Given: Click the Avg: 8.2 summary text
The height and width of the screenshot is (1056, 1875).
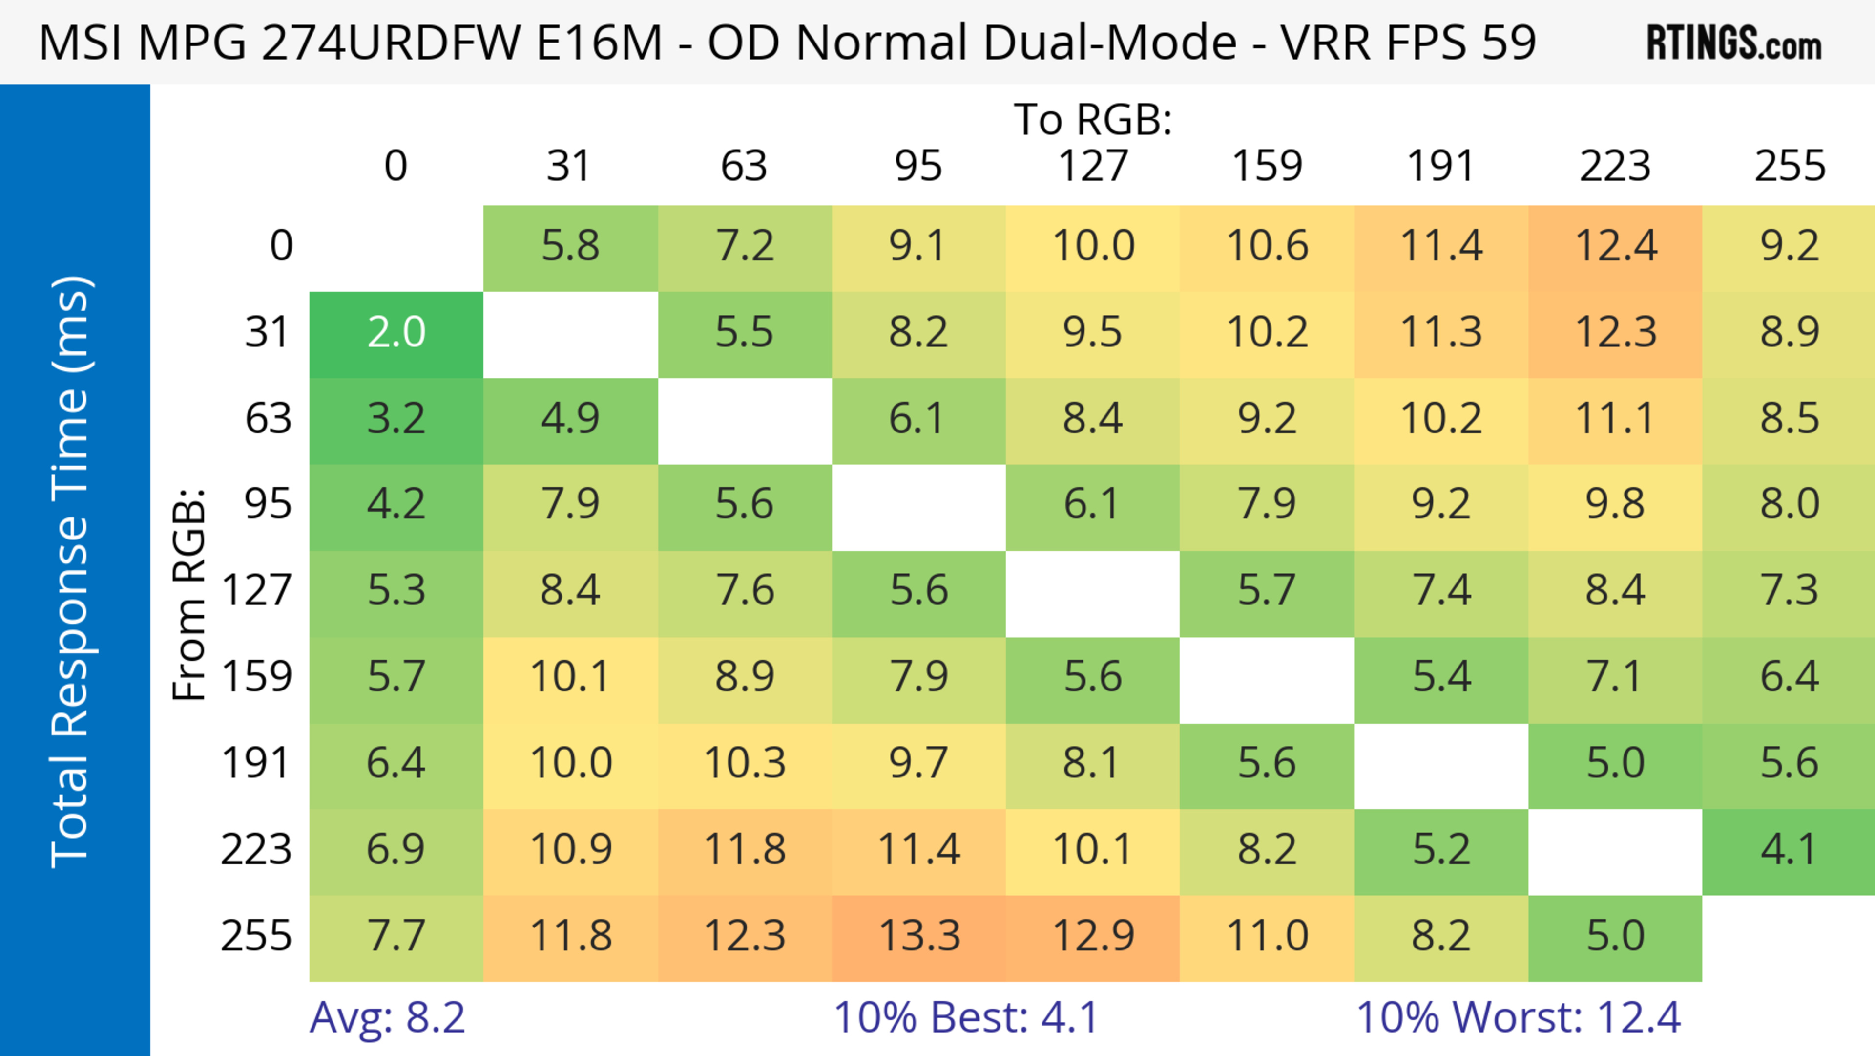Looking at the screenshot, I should click(x=387, y=1017).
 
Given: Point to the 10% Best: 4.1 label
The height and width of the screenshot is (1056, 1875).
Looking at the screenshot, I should click(x=965, y=1017).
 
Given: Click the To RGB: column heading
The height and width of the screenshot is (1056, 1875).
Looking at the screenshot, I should click(x=1093, y=119).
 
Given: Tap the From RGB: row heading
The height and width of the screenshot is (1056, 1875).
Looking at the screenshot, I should click(x=188, y=594).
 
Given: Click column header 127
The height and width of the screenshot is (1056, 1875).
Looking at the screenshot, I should click(x=1093, y=166).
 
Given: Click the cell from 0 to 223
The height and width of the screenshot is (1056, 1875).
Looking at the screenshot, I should click(x=1615, y=247).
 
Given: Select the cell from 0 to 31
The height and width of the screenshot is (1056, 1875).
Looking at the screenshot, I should click(x=570, y=247).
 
